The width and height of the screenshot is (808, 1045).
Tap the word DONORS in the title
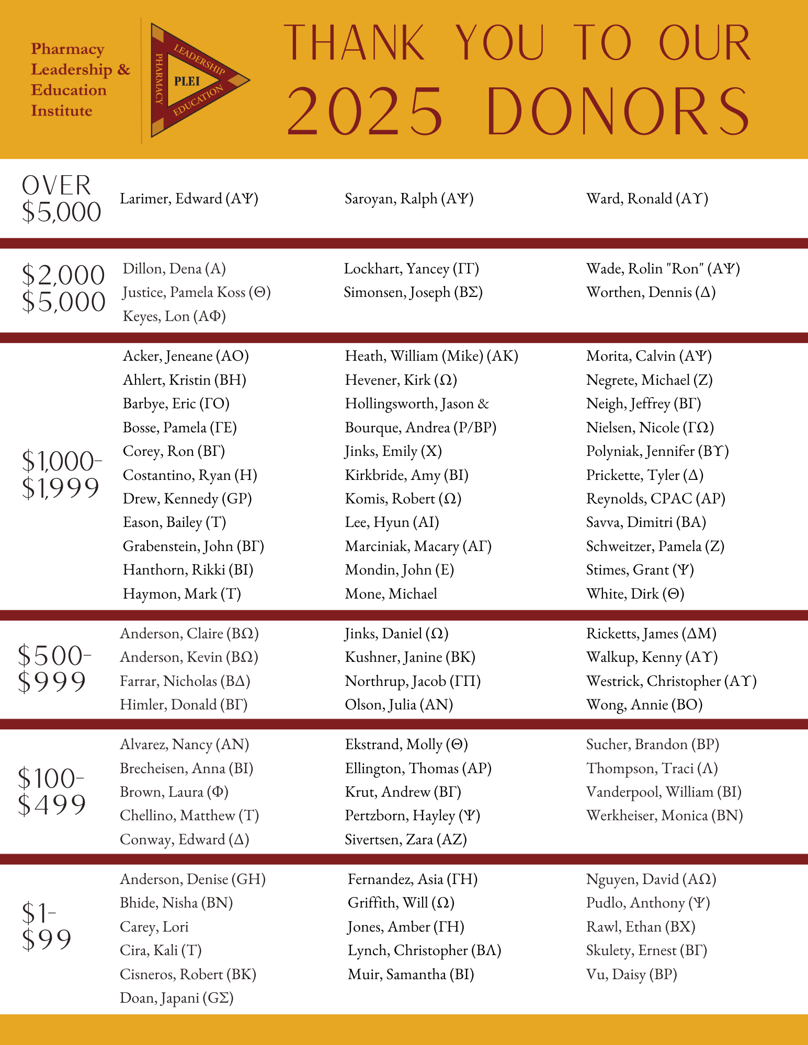pyautogui.click(x=618, y=112)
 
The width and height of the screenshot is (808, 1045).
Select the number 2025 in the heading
pyautogui.click(x=365, y=112)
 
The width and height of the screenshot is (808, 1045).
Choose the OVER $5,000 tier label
pyautogui.click(x=61, y=199)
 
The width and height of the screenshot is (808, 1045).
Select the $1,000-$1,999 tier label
pyautogui.click(x=61, y=475)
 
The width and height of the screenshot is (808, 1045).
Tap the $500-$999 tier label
pyautogui.click(x=54, y=669)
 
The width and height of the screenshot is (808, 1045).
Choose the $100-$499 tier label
pyautogui.click(x=51, y=791)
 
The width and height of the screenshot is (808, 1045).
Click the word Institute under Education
pyautogui.click(x=62, y=111)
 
